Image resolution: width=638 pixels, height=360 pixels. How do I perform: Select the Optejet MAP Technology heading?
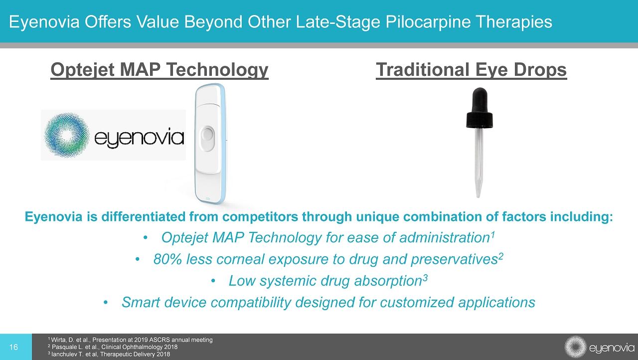click(159, 70)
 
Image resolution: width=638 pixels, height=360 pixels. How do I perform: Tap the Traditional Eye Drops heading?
click(472, 70)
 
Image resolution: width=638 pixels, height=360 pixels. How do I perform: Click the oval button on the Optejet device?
click(207, 139)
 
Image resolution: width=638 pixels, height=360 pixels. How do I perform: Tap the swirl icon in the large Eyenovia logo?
click(67, 135)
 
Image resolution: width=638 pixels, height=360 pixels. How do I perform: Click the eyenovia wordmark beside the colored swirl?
click(139, 138)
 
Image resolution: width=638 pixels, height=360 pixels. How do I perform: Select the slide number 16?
click(13, 347)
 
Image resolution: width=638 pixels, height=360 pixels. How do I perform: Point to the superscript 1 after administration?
click(492, 234)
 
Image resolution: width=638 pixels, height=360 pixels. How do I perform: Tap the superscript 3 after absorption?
click(425, 277)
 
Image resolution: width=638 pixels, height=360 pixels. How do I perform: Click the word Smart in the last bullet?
click(141, 302)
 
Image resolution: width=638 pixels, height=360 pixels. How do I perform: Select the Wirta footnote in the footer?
click(130, 340)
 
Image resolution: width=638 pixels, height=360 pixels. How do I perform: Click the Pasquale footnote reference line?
click(113, 347)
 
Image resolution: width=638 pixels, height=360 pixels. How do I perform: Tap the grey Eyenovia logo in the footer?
click(600, 347)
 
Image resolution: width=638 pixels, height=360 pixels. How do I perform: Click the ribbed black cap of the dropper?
click(479, 120)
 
